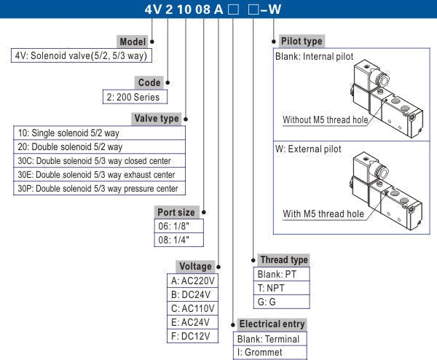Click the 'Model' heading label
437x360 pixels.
133,42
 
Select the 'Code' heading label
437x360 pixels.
149,83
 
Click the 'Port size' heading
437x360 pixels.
176,212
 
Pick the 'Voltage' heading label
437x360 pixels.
194,266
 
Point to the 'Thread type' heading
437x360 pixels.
283,259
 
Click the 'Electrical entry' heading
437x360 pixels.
272,324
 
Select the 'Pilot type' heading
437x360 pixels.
299,42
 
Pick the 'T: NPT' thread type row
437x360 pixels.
283,288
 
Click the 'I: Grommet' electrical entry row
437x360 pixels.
269,353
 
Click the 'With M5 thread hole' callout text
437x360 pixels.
323,214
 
